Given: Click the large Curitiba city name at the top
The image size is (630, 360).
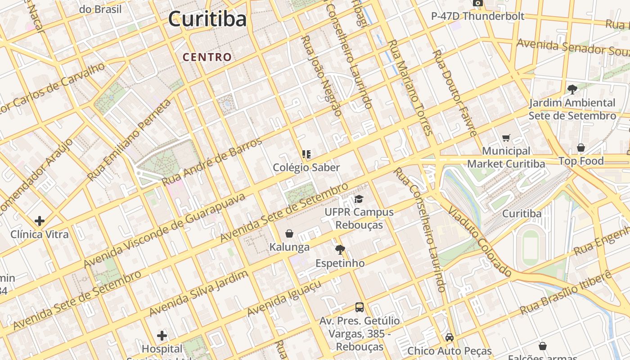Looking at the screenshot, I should pos(207,19).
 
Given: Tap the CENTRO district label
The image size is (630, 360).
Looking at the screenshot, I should pos(207,57).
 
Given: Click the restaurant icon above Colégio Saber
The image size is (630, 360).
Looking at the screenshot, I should pos(306,155).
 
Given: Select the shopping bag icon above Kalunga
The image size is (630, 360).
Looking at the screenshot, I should pos(289,234).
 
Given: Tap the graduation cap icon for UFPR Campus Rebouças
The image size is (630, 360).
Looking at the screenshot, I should pos(359,199).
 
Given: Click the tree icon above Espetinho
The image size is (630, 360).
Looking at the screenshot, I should pos(340,249).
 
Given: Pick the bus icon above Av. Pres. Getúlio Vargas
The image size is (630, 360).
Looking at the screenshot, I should pos(359,307).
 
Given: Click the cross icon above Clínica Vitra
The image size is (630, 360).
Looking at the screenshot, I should pos(40,221).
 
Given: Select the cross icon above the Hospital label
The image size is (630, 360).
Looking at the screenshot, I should pos(162,336).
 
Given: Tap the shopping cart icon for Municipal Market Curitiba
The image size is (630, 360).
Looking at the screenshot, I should pos(506,138).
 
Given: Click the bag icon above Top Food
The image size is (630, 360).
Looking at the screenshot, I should pos(581,148).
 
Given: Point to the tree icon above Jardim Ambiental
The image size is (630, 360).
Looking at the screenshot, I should pos(572,89).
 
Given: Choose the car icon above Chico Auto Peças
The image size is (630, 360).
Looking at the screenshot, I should pos(449,337).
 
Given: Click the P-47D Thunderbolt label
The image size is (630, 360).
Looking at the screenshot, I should pos(477,16).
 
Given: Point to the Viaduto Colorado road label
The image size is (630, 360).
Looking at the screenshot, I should pos(480,242).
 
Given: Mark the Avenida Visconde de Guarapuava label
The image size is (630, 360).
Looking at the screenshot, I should pos(165,230).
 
